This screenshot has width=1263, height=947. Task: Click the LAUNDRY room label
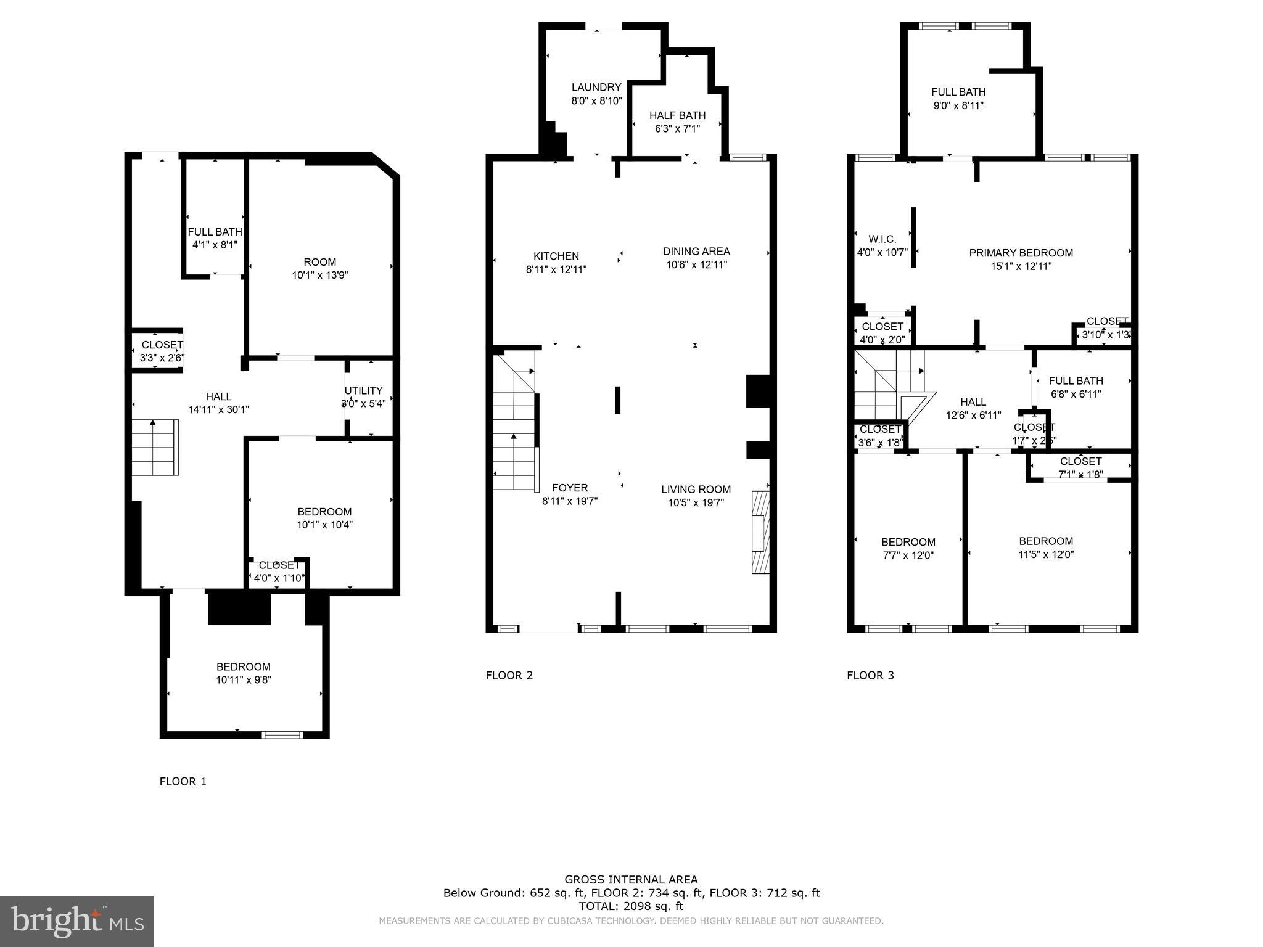(x=596, y=88)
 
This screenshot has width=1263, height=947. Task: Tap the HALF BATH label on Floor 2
(x=677, y=115)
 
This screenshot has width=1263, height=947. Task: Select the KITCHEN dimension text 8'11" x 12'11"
(x=556, y=269)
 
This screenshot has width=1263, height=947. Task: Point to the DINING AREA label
(x=696, y=252)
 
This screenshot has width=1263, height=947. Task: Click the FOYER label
(x=570, y=488)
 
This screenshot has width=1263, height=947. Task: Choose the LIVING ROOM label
(x=696, y=490)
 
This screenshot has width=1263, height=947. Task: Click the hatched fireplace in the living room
(x=760, y=532)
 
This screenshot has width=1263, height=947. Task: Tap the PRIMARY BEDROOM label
(x=1021, y=253)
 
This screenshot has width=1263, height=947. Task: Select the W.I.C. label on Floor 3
(x=882, y=239)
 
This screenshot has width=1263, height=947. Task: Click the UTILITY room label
(x=363, y=390)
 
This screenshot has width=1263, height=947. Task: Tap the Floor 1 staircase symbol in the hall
(x=155, y=447)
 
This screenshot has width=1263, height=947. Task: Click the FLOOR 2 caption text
(x=509, y=675)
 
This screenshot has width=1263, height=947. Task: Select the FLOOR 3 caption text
(x=870, y=675)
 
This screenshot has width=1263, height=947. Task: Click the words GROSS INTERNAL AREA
(x=631, y=880)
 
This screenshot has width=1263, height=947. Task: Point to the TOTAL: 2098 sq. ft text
(x=631, y=906)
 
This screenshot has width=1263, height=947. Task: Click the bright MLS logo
(x=77, y=921)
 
